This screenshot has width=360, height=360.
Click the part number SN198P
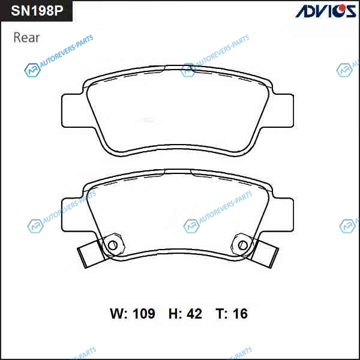click(37, 11)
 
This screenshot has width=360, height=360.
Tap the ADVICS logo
click(326, 11)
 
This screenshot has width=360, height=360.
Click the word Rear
click(26, 38)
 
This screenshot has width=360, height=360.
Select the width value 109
click(144, 313)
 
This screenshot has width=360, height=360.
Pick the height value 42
click(194, 313)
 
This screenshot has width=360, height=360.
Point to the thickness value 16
click(240, 313)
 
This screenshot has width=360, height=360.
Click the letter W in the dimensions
click(118, 313)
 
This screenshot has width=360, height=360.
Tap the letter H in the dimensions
click(173, 313)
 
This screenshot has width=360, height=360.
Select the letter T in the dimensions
click(220, 313)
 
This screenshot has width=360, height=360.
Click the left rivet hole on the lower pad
click(113, 245)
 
